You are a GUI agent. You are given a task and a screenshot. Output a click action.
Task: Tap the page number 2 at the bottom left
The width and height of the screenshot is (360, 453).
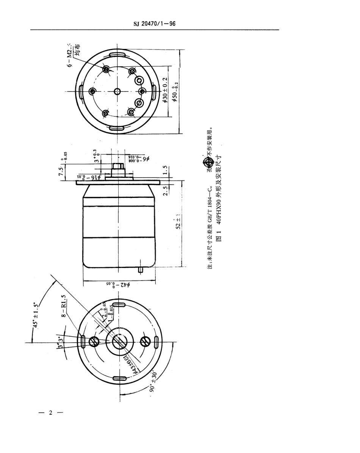pos(50,413)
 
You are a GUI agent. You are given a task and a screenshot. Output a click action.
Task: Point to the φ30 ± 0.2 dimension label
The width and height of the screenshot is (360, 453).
pos(165,90)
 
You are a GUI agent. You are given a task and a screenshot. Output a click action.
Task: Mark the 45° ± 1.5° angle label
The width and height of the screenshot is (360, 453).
pos(36,314)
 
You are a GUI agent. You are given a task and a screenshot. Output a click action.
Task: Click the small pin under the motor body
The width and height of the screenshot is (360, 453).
pos(141,270)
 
